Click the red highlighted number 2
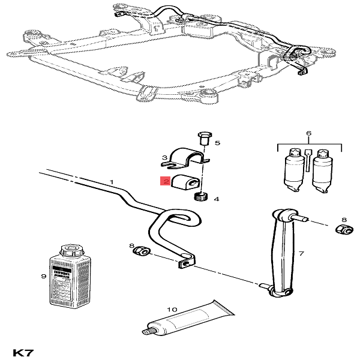[164, 181]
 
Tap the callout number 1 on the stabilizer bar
[111, 181]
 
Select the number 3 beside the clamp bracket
[164, 158]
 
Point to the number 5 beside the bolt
[218, 143]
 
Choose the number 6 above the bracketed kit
[308, 133]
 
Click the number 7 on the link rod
[301, 254]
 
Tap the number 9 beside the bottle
[43, 277]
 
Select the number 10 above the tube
[172, 310]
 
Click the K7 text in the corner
[22, 353]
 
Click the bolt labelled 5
[202, 139]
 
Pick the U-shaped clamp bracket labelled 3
[188, 157]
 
